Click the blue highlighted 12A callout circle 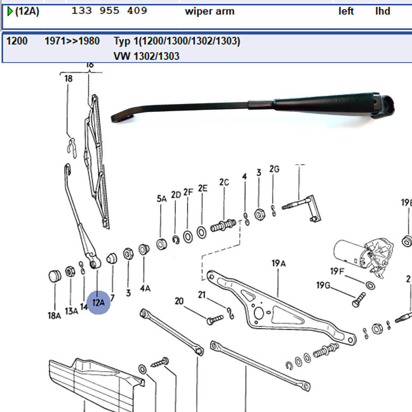click(x=98, y=302)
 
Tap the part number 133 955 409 click(x=109, y=11)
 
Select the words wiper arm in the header click(x=210, y=11)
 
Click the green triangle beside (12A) click(x=10, y=11)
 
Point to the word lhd click(x=382, y=11)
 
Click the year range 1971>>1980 click(x=72, y=41)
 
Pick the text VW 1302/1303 click(x=146, y=56)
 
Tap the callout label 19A click(x=279, y=263)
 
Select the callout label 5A click(x=162, y=199)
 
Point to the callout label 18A click(x=54, y=316)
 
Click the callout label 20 click(x=179, y=302)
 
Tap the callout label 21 click(x=201, y=295)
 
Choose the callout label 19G click(x=324, y=286)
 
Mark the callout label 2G click(x=274, y=169)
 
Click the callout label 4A click(x=145, y=288)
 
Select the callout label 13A click(x=72, y=311)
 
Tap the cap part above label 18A click(x=54, y=275)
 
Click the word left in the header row click(x=346, y=11)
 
